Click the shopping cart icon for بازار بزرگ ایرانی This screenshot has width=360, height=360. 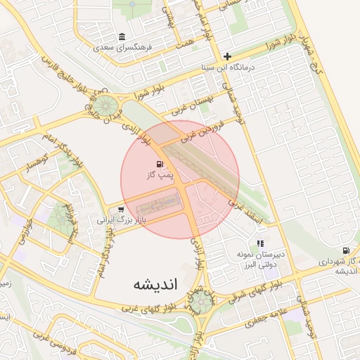pos(122,209)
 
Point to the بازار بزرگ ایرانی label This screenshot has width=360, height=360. pos(115,220)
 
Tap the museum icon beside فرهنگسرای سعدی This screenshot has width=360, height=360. pos(123,37)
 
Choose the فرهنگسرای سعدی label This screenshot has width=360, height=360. pos(122,48)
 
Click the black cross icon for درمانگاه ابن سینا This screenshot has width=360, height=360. pos(227,56)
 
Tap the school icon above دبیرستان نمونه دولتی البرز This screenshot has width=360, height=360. pos(261,243)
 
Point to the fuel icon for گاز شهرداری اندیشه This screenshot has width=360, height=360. pos(345,251)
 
